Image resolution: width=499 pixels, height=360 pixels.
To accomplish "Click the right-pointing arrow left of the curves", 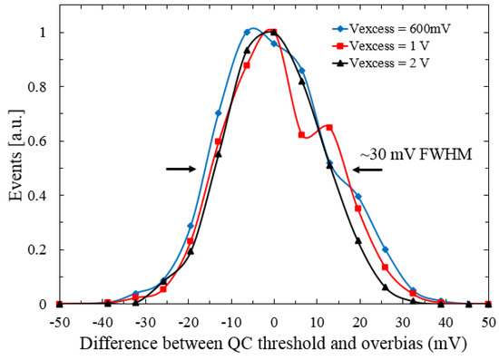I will [x=181, y=169].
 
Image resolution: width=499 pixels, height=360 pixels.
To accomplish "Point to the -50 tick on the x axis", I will [x=59, y=322].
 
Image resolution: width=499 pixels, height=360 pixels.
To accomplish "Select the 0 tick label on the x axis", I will [x=274, y=322].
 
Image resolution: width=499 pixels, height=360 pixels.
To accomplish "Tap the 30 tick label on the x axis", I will [x=403, y=322].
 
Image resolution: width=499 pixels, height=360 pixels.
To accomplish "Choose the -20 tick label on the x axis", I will [x=188, y=322].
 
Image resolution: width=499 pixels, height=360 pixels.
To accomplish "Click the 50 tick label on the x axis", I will [x=488, y=322].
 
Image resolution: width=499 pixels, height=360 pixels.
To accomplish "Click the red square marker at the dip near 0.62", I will [x=302, y=135].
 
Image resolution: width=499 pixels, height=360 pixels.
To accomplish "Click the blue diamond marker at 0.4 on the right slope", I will [x=357, y=196].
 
